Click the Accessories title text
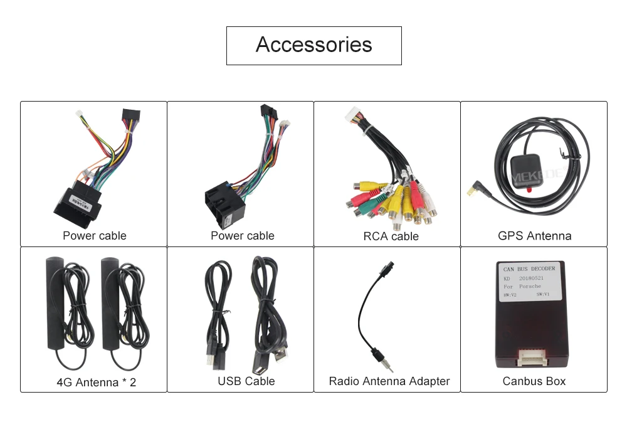313,45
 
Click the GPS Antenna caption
534,236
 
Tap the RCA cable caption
391,236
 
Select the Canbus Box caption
534,381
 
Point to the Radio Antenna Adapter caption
389,381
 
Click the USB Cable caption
246,381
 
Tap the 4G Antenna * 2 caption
96,381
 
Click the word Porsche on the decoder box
529,287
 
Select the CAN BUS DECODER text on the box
529,269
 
